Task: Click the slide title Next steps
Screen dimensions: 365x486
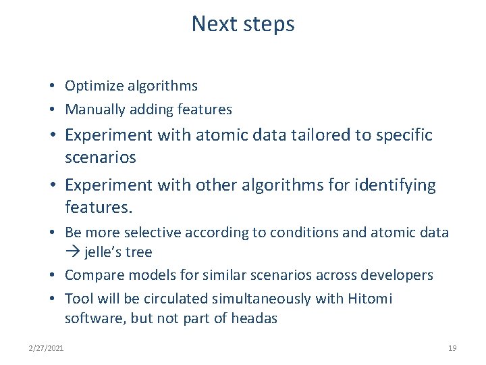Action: click(x=243, y=24)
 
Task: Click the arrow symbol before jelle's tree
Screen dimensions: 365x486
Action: click(x=72, y=252)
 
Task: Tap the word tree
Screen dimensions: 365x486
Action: click(x=139, y=252)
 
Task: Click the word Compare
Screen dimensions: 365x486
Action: click(x=91, y=276)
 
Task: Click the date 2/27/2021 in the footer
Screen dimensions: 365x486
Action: click(x=47, y=348)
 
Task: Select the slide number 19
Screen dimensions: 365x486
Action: click(x=452, y=348)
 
